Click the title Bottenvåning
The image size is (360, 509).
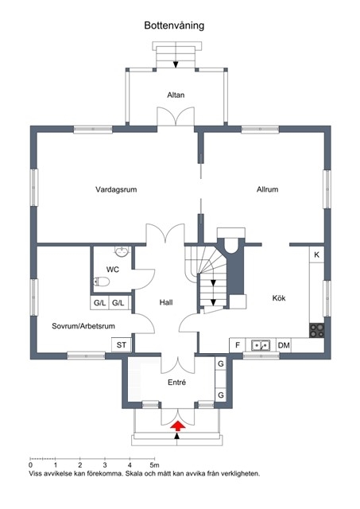[x=174, y=25]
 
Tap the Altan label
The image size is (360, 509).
[x=176, y=95]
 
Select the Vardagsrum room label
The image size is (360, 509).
[x=116, y=189]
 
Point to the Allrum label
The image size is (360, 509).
[x=268, y=189]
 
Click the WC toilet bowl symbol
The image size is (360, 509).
[x=102, y=282]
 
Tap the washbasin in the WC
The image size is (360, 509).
[x=122, y=251]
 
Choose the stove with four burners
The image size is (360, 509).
[x=316, y=331]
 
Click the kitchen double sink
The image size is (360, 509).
[x=261, y=345]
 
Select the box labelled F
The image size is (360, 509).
[x=238, y=345]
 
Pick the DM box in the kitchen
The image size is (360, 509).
[x=284, y=345]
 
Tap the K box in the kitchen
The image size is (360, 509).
[x=316, y=254]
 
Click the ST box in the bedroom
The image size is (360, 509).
[x=122, y=344]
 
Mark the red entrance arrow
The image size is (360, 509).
[x=178, y=426]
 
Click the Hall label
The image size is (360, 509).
[x=166, y=302]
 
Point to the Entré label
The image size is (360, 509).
[x=176, y=383]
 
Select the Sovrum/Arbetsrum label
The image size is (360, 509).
[x=83, y=326]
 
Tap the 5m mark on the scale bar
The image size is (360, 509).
[x=154, y=465]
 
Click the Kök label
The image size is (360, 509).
[x=279, y=298]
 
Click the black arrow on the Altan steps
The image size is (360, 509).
[x=176, y=64]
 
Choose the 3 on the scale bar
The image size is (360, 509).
[x=105, y=465]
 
